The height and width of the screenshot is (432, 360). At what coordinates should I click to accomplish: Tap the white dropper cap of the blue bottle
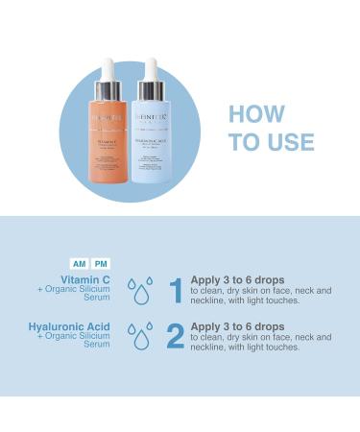(152, 75)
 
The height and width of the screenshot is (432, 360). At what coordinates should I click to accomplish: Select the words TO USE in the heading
(272, 142)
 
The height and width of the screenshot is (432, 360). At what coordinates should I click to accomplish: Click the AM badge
(81, 263)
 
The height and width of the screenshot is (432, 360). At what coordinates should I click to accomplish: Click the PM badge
(101, 263)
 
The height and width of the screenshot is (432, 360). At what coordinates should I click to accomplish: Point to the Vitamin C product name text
(84, 277)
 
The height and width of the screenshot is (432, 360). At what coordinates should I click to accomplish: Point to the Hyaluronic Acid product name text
(69, 327)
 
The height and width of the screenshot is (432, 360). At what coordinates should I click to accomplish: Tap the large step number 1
(176, 289)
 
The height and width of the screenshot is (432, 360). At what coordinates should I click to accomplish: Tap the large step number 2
(175, 335)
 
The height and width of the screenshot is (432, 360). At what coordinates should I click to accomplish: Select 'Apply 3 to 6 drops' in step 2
(236, 326)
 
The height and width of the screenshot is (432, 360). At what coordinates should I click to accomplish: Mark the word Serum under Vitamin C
(98, 299)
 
